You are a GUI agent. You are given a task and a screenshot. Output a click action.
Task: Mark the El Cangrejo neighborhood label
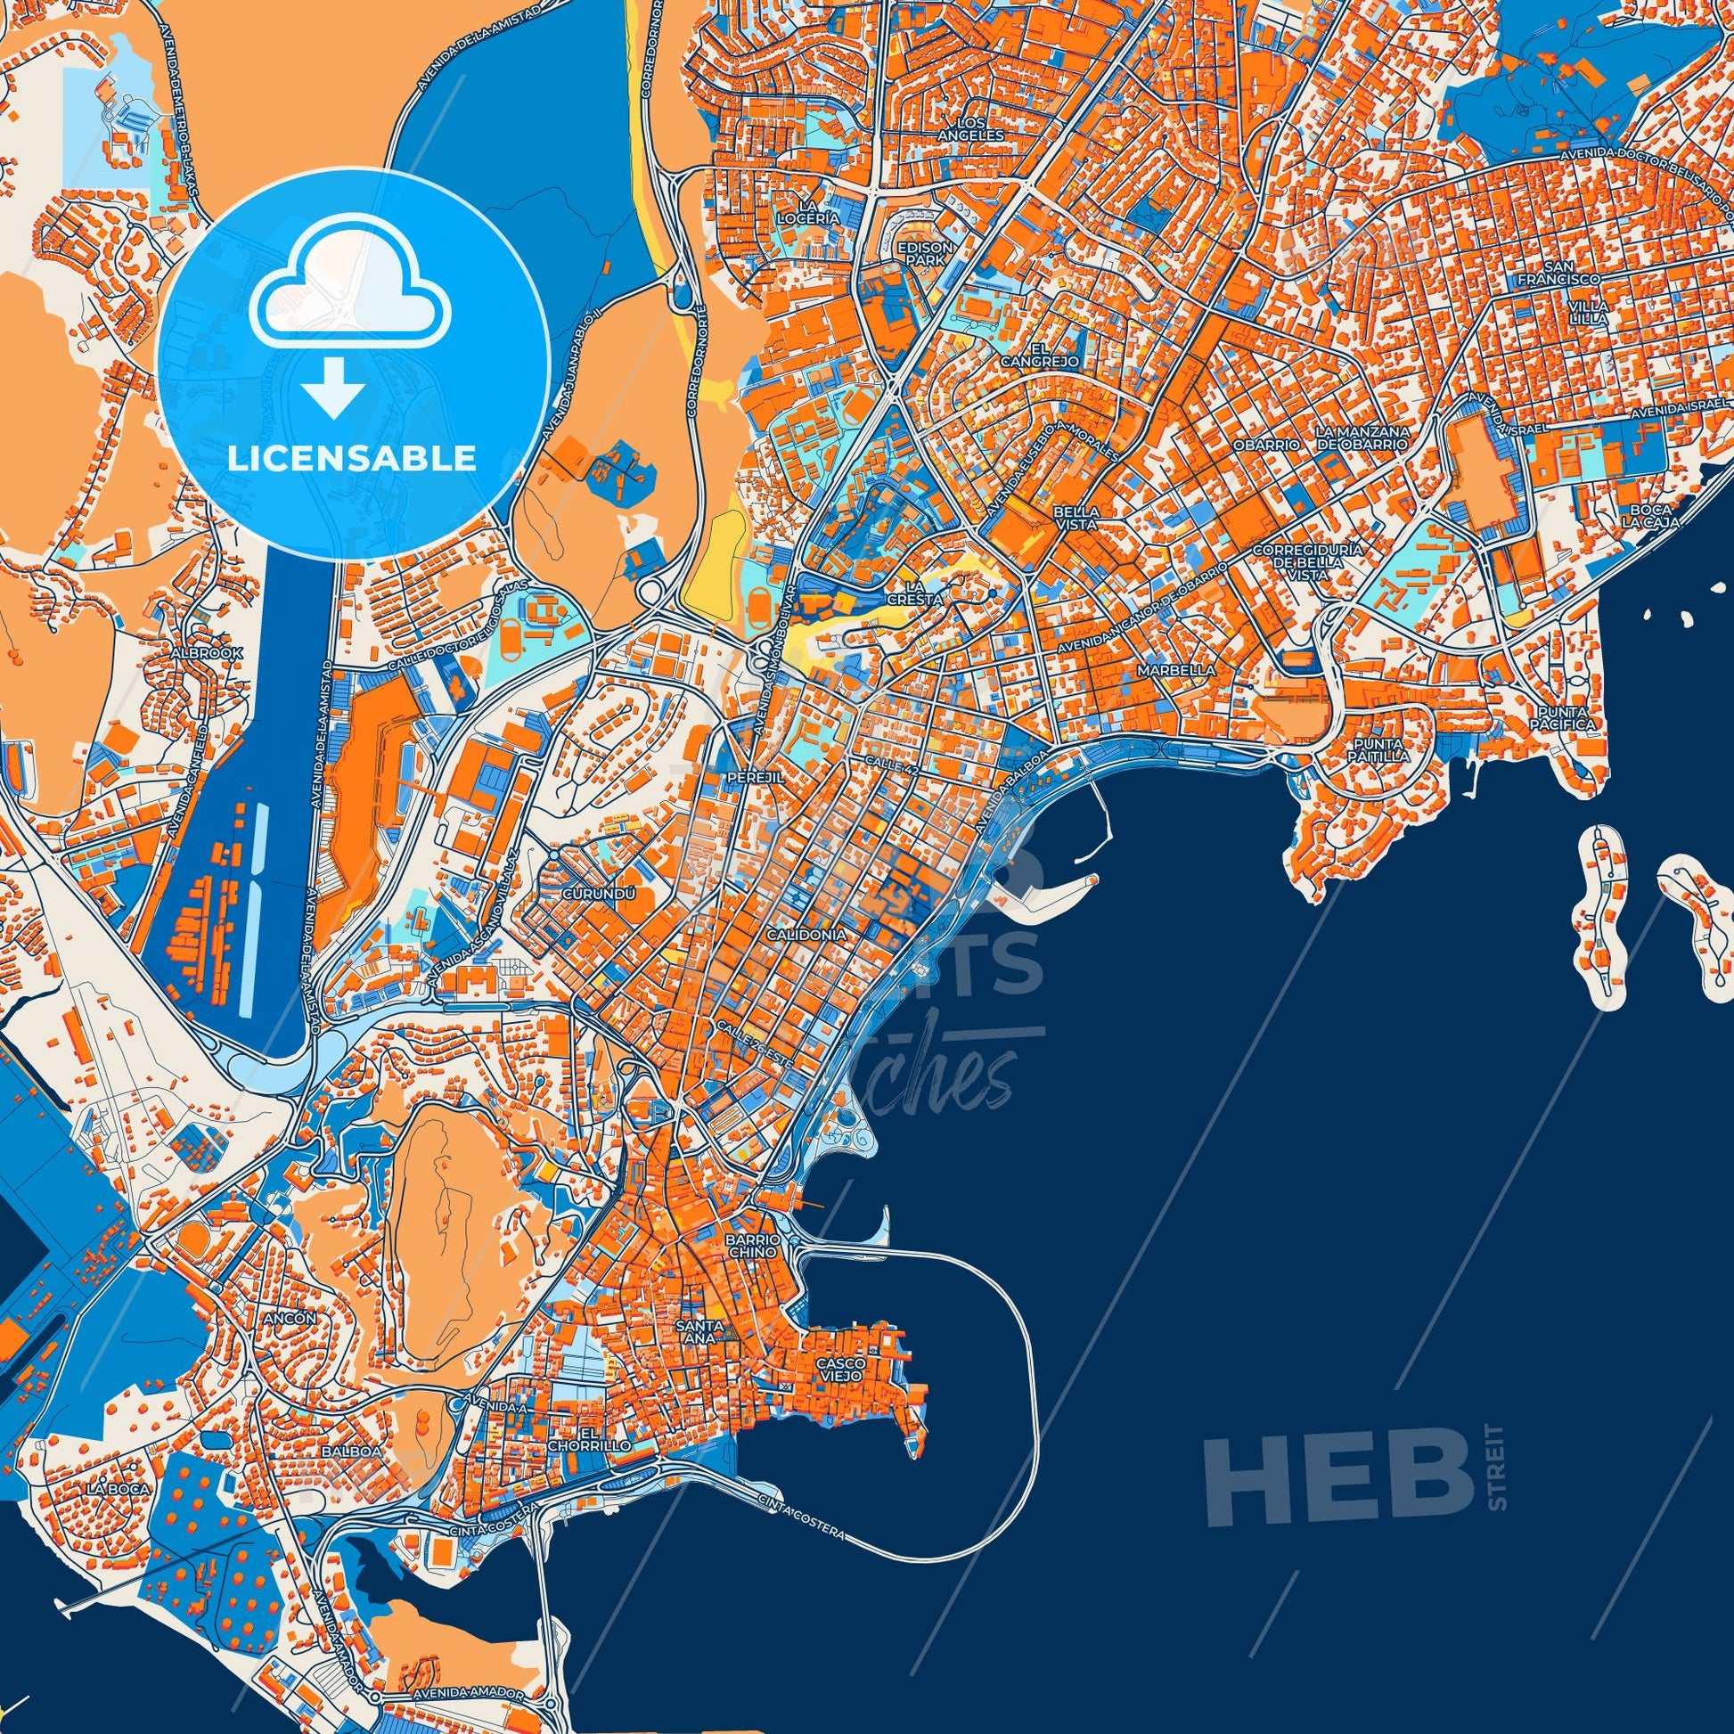pyautogui.click(x=1051, y=355)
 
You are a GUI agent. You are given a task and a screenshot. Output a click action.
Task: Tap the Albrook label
pyautogui.click(x=208, y=654)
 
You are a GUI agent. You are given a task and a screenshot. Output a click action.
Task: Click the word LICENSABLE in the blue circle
pyautogui.click(x=352, y=459)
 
